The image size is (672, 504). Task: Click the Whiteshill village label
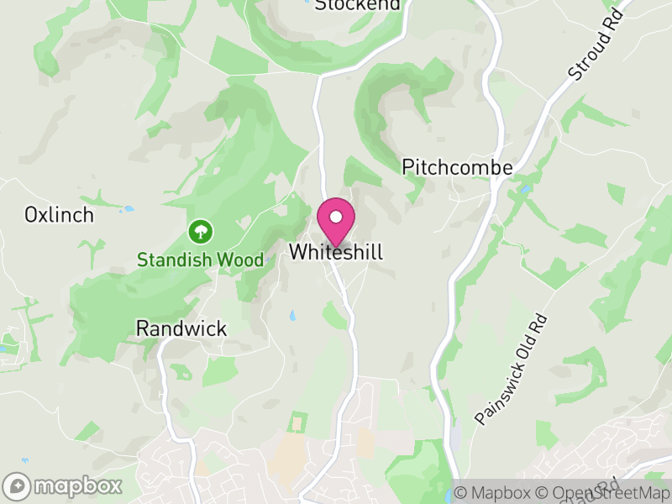click(x=336, y=252)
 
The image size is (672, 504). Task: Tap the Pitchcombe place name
click(x=457, y=167)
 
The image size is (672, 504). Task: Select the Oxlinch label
click(x=59, y=215)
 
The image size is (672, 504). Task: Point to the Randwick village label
click(x=181, y=328)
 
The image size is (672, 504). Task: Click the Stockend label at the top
click(x=357, y=5)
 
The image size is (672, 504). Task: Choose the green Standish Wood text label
click(x=200, y=260)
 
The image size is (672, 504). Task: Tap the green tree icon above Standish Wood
click(x=201, y=230)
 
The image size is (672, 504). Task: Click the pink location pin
click(x=336, y=222)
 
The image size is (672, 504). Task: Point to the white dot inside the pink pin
click(x=336, y=217)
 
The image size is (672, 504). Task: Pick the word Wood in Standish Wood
click(x=240, y=260)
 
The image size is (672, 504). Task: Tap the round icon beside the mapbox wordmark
click(x=17, y=486)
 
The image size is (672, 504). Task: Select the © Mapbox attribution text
click(x=492, y=493)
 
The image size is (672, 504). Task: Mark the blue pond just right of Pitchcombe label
click(x=524, y=190)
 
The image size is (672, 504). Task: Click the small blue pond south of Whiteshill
click(x=292, y=316)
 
